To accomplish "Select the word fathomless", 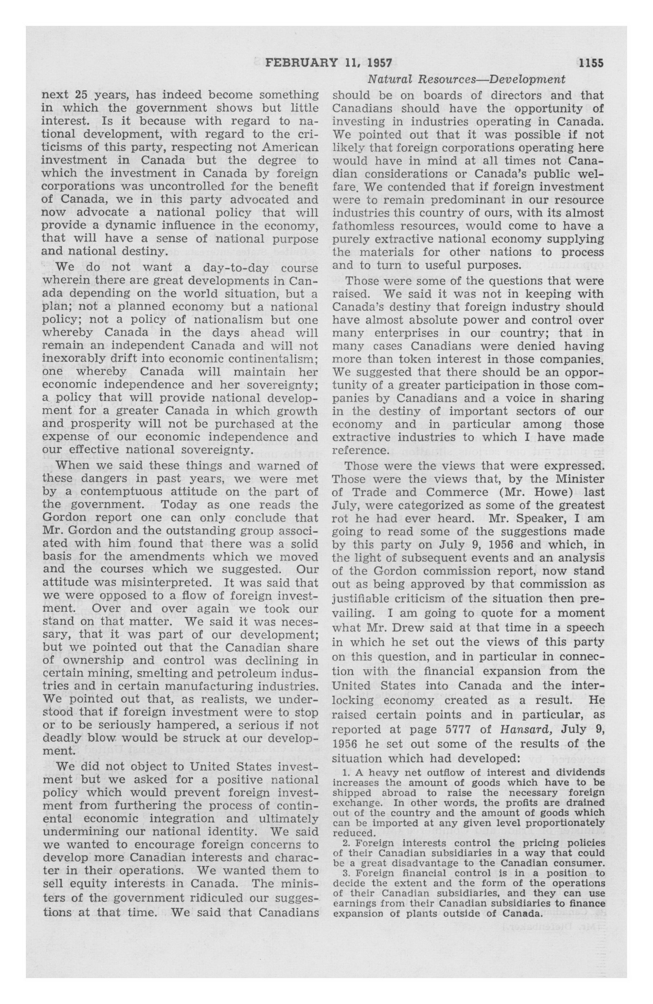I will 363,226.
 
